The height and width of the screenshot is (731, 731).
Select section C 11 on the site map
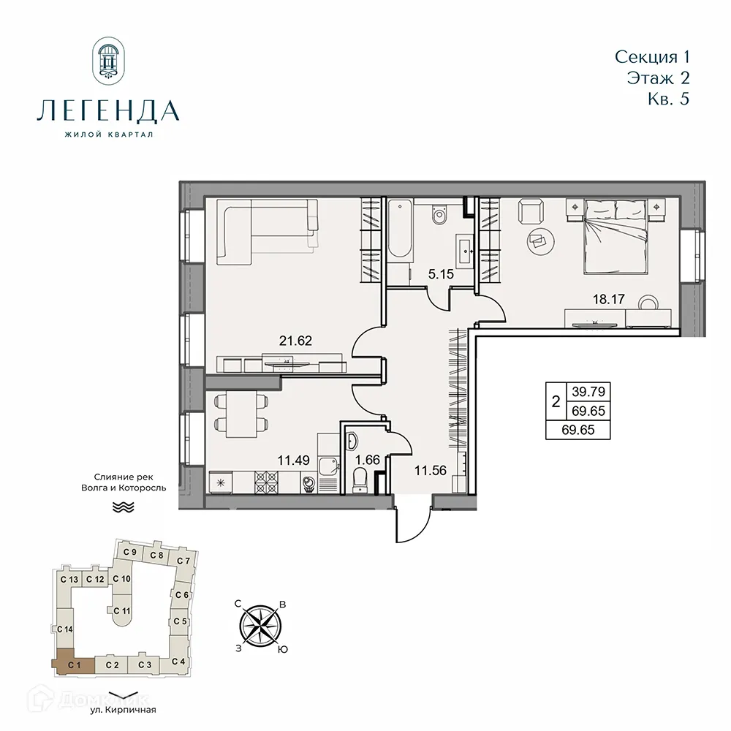(x=122, y=612)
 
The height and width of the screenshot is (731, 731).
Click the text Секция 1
(x=653, y=56)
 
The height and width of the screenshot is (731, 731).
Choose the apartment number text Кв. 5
(x=668, y=99)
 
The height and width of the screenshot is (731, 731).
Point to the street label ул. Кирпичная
(x=124, y=709)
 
